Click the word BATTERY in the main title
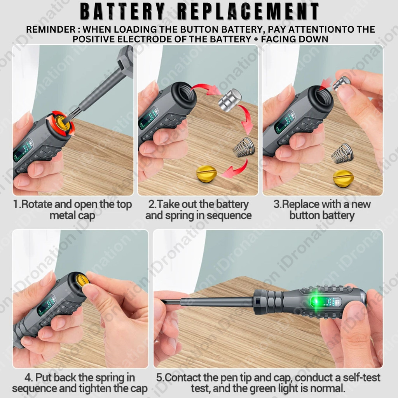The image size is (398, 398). (x=123, y=11)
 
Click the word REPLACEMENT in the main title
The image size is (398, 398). (x=248, y=11)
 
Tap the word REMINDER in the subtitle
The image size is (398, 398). (x=51, y=30)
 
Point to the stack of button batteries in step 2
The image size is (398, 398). (x=230, y=100)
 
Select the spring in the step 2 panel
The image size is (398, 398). (x=244, y=147)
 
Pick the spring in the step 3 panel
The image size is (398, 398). (x=343, y=153)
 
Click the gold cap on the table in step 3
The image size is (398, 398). (x=343, y=178)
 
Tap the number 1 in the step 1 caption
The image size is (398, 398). (x=16, y=204)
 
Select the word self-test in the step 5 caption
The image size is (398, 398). (x=362, y=377)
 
